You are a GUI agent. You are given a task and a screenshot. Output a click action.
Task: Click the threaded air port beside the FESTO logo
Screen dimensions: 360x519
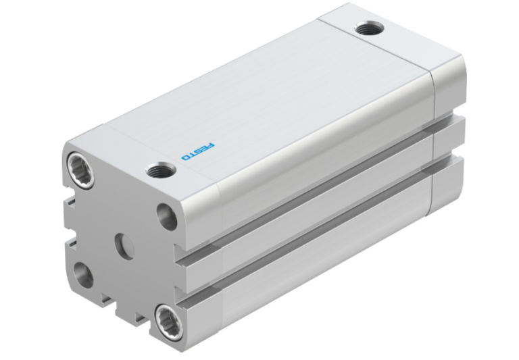click(160, 172)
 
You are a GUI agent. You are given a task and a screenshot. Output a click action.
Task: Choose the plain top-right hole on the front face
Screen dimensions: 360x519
click(166, 215)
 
